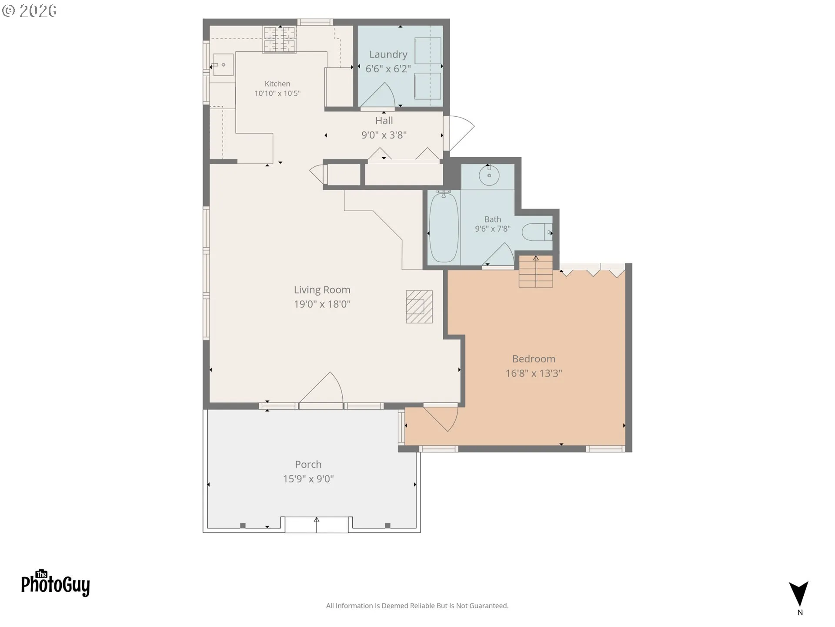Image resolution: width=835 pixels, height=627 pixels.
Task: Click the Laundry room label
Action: click(388, 54)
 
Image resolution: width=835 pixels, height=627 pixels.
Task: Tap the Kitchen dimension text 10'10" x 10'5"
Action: click(277, 93)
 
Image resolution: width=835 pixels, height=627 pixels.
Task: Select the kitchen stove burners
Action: click(280, 40)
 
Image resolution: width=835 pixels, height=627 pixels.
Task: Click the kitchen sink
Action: click(223, 65)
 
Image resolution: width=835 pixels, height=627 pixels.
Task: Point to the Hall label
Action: click(384, 121)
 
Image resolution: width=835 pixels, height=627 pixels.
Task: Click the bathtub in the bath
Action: click(444, 227)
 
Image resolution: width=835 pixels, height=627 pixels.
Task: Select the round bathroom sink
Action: click(489, 175)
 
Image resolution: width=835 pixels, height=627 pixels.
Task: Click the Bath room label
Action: click(493, 219)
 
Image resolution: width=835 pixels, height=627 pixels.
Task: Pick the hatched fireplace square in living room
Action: click(419, 307)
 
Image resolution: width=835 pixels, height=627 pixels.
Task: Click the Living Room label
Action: click(322, 290)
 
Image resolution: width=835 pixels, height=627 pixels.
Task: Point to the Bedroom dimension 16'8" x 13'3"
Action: click(534, 373)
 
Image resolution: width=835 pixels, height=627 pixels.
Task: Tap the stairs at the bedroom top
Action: click(536, 271)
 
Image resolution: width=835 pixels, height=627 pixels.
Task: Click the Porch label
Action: click(308, 465)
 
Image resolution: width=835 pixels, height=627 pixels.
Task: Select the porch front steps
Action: click(317, 525)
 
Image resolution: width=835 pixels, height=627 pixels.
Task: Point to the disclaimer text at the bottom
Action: click(417, 606)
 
